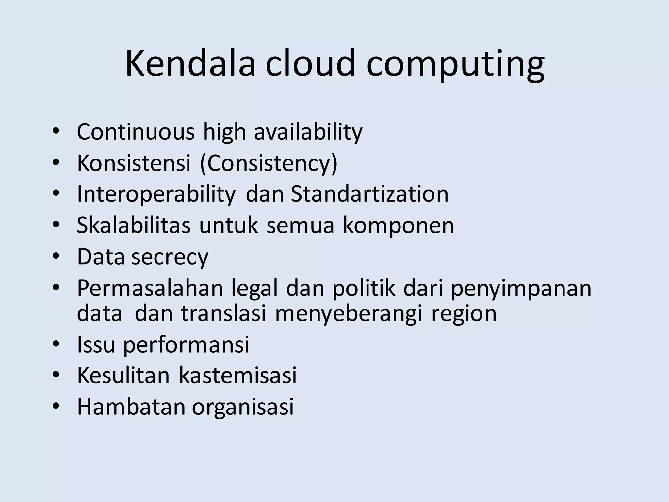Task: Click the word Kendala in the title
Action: [x=190, y=63]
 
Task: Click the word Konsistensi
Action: [x=134, y=163]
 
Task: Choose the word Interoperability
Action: [x=156, y=195]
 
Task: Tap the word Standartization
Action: [x=369, y=194]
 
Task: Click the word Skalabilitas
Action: [x=133, y=226]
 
